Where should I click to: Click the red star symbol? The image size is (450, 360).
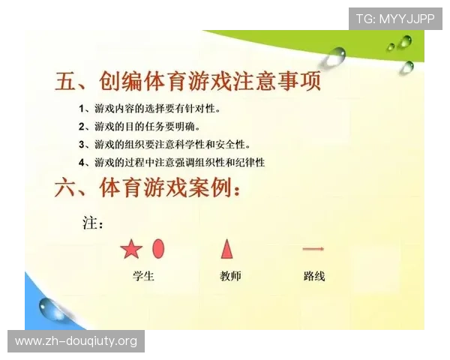point(131,249)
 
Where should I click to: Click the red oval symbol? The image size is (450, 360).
point(158,248)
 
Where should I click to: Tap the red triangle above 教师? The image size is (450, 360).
point(226,247)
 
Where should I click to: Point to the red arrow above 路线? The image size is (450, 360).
point(313,249)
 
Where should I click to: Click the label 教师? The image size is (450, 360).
point(230,276)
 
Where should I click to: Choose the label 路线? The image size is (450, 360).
point(314,276)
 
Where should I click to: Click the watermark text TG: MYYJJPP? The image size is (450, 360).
point(395,19)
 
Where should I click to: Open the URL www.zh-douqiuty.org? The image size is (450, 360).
point(76,341)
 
